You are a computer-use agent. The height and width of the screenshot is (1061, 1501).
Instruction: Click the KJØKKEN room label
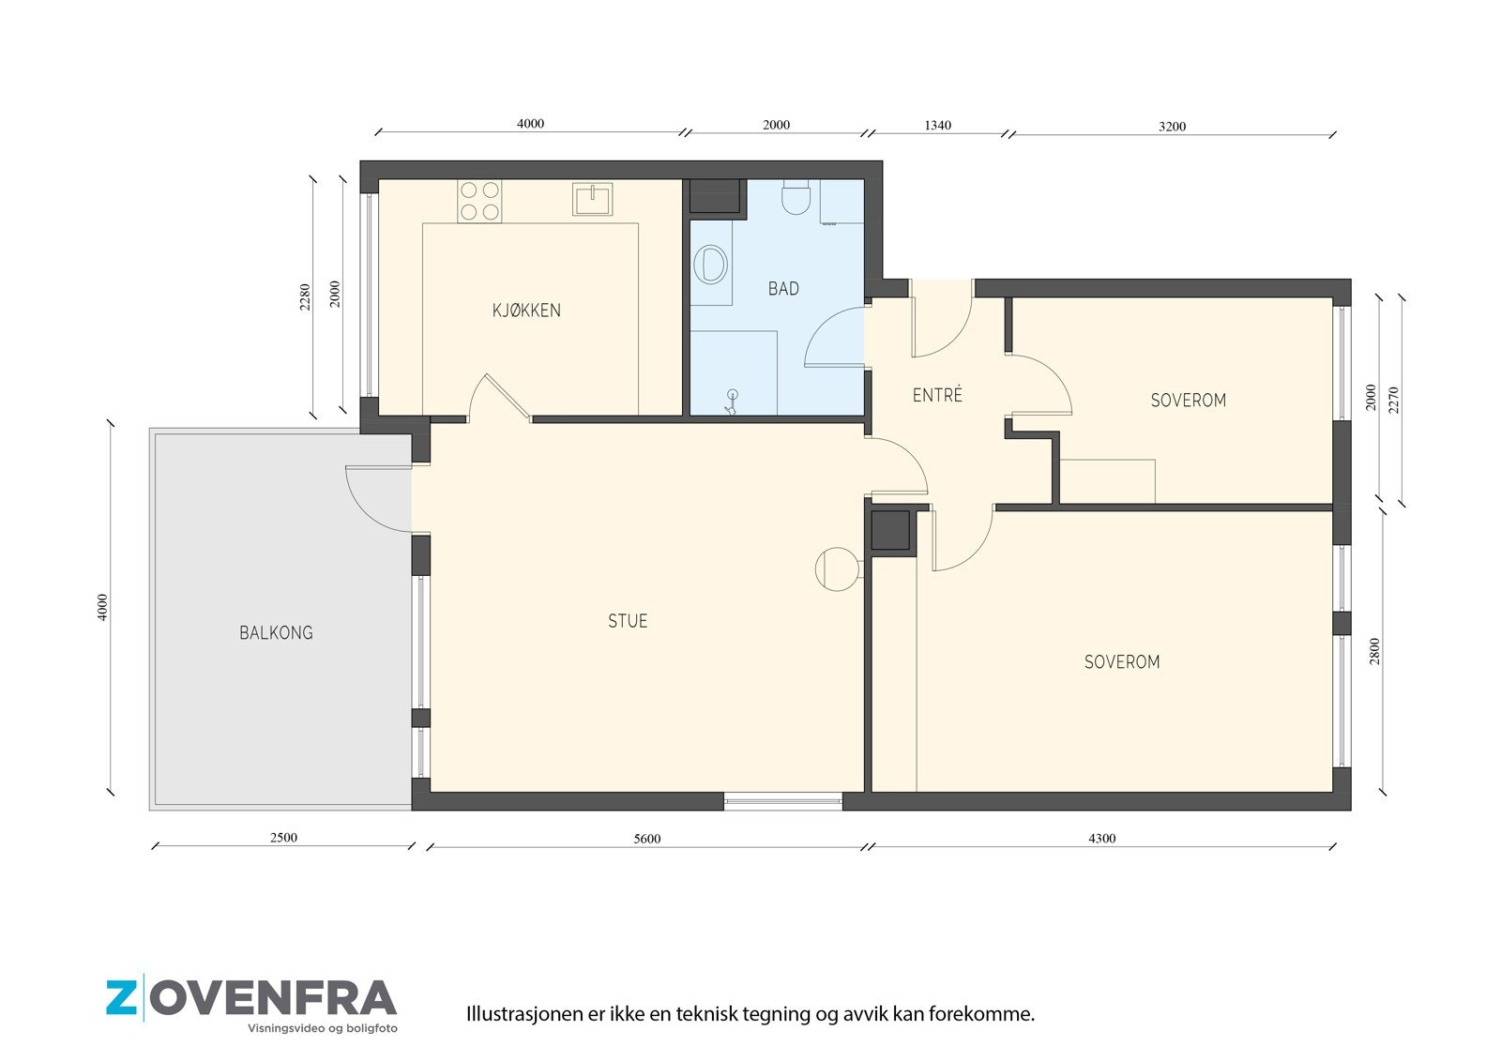click(x=526, y=311)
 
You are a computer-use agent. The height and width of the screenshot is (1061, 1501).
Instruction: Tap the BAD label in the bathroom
click(x=783, y=289)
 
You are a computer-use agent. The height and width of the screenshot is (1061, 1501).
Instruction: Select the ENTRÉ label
click(x=937, y=395)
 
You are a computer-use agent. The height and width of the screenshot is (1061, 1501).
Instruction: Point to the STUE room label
click(x=628, y=621)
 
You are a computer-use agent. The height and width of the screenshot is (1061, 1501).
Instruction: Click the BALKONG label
click(x=276, y=632)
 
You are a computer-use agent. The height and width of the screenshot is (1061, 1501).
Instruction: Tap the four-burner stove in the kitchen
click(x=479, y=201)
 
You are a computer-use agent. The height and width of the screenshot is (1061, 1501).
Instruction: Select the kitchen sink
click(x=592, y=199)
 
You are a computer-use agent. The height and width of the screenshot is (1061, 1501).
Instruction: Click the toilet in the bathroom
click(x=796, y=196)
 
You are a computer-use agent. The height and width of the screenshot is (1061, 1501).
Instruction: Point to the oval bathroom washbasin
click(x=711, y=264)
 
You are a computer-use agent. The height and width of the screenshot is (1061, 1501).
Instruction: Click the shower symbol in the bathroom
click(x=732, y=402)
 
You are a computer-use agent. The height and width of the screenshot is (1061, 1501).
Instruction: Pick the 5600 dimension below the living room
click(x=647, y=839)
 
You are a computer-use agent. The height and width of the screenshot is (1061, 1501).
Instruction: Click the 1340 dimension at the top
click(x=937, y=126)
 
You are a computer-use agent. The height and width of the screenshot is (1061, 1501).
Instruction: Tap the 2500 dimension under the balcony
click(x=283, y=838)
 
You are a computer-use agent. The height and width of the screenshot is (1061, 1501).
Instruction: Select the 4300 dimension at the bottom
click(x=1102, y=839)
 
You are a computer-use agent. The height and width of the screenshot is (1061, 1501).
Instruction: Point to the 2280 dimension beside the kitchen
click(x=305, y=297)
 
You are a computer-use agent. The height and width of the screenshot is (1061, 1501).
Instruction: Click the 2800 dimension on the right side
click(x=1374, y=651)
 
